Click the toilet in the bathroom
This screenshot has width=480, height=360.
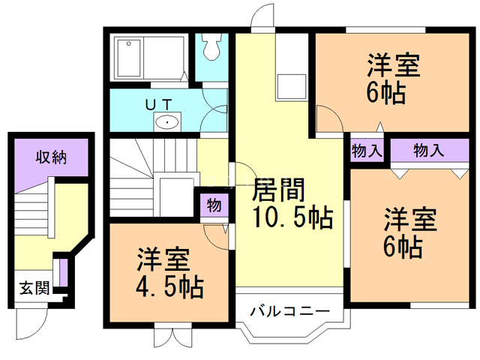pyautogui.click(x=211, y=49)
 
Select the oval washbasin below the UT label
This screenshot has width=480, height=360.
pyautogui.click(x=166, y=121)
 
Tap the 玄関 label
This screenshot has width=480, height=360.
pyautogui.click(x=33, y=288)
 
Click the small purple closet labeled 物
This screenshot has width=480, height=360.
pyautogui.click(x=214, y=204)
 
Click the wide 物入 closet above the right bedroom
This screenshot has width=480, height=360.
pyautogui.click(x=428, y=150)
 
